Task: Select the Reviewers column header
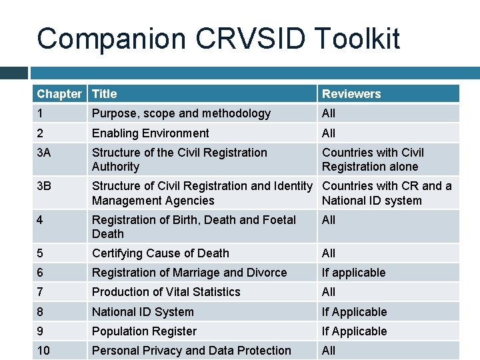click(x=351, y=94)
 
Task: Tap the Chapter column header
click(x=59, y=94)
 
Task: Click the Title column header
click(x=105, y=94)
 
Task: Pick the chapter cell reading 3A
click(x=44, y=153)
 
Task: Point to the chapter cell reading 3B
click(x=44, y=186)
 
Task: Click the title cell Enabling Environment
click(x=151, y=133)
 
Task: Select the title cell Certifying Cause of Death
click(x=161, y=253)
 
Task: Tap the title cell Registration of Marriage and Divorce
click(x=189, y=273)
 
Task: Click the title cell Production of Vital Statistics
click(x=166, y=292)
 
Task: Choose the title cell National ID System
click(x=143, y=312)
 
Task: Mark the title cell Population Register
click(x=145, y=331)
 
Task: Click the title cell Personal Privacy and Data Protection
click(x=191, y=351)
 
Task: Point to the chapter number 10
click(x=43, y=351)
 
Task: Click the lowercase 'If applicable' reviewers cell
click(x=353, y=273)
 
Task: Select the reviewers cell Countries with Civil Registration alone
click(x=372, y=160)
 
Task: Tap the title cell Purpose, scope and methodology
click(x=181, y=113)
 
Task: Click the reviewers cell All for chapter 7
click(x=329, y=292)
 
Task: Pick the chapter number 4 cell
click(x=41, y=219)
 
